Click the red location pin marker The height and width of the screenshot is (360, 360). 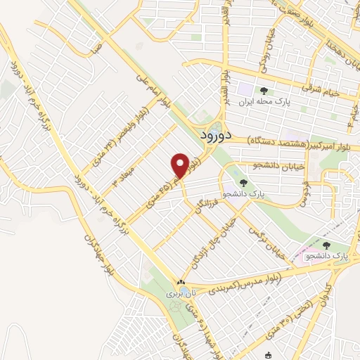(180, 166)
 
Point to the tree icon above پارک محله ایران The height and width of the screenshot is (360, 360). (264, 91)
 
